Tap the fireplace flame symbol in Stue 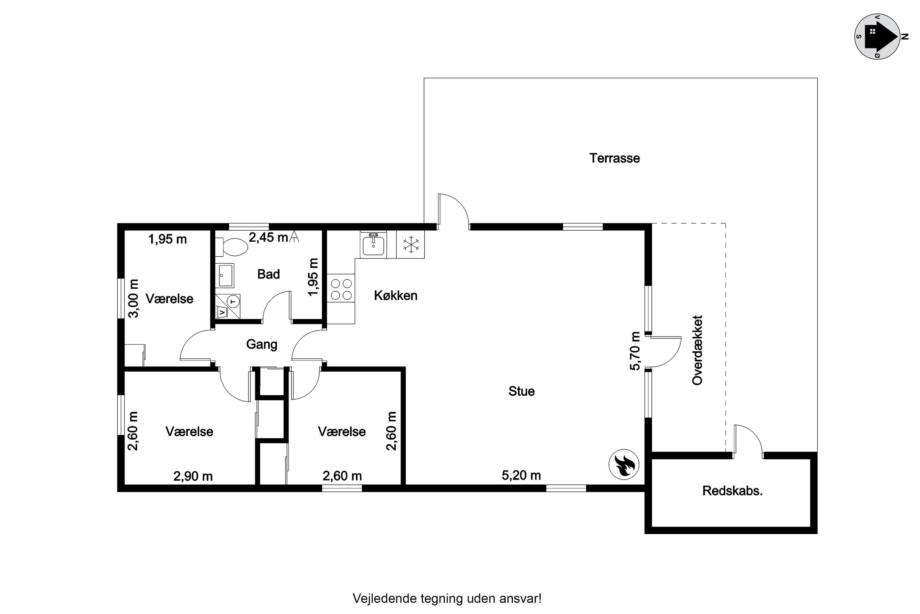pos(623,464)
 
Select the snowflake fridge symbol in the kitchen pos(411,244)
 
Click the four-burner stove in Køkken pos(341,290)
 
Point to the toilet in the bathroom pos(235,247)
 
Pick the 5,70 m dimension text pos(635,351)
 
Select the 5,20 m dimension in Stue pos(521,475)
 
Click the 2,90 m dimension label pos(193,476)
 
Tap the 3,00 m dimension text pos(134,298)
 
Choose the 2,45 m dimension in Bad pos(268,237)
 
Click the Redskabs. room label pos(732,491)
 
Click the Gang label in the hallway pos(262,344)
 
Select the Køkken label pos(396,295)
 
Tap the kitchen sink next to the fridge pos(373,245)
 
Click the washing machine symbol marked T pos(233,301)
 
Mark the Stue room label pos(521,391)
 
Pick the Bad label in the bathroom pos(268,274)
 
